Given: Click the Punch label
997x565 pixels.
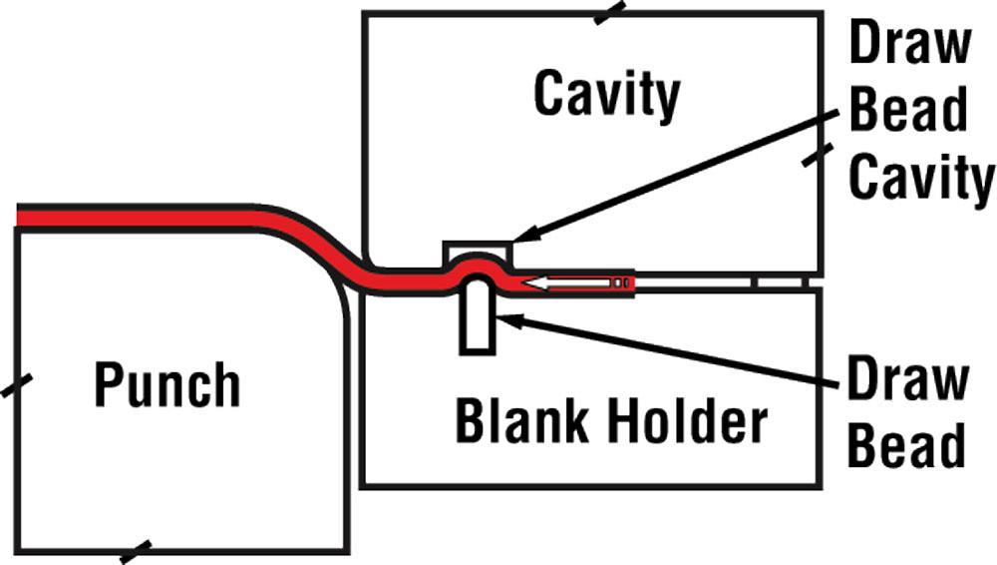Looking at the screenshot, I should (166, 385).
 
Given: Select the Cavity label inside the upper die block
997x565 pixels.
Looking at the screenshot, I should (606, 96).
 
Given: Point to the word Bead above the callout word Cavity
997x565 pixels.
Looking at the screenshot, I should (908, 111).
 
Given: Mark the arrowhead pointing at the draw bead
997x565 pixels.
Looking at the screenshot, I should (505, 318).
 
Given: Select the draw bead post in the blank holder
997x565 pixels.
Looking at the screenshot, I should (477, 317).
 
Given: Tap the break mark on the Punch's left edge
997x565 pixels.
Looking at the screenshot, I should (17, 384).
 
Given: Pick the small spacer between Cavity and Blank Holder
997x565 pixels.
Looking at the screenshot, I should (778, 282).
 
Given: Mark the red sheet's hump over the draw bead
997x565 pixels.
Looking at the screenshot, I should (477, 262).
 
